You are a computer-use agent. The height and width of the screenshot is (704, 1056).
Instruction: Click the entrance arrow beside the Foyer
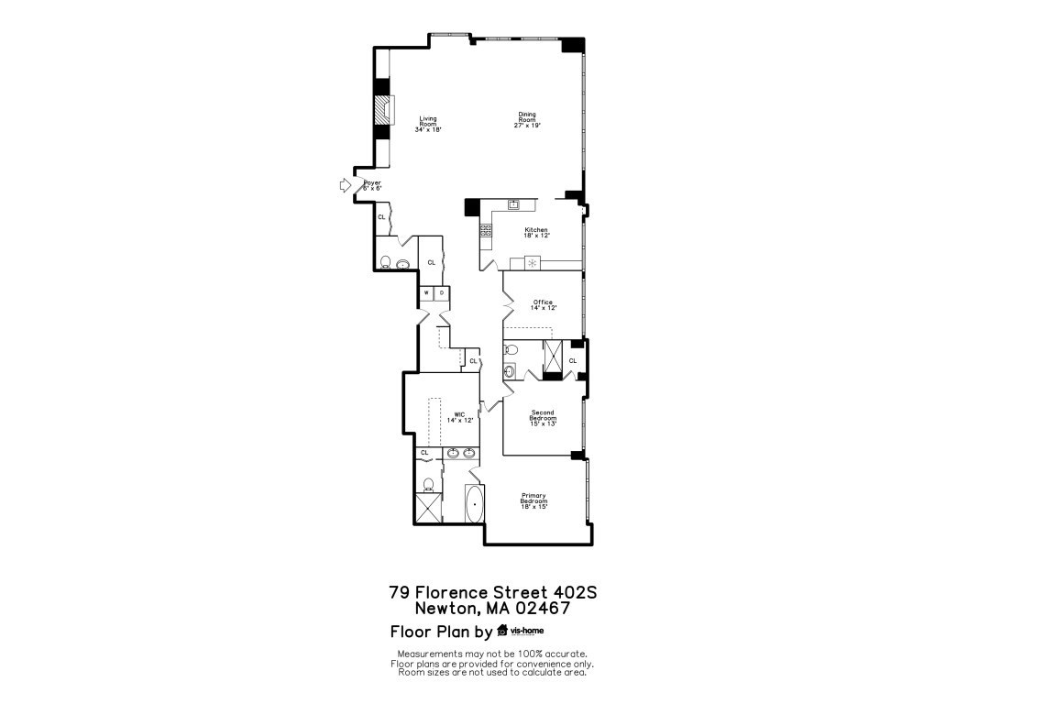345,185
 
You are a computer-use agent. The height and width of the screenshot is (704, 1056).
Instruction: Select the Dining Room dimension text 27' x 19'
527,126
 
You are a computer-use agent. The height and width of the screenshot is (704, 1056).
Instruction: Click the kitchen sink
514,204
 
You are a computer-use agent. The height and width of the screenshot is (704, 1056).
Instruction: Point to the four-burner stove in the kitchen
485,231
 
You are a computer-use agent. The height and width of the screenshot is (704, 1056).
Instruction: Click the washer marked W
426,293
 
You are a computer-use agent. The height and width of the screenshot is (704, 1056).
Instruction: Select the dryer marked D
442,293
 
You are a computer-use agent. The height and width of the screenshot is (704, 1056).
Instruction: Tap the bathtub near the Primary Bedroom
475,504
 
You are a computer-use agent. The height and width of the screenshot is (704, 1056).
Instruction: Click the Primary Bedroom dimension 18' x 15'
533,507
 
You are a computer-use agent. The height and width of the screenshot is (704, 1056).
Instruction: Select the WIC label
458,415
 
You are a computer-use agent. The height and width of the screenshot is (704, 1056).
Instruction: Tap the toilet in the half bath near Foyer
385,263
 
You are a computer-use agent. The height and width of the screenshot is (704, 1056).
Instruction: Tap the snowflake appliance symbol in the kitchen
532,264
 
